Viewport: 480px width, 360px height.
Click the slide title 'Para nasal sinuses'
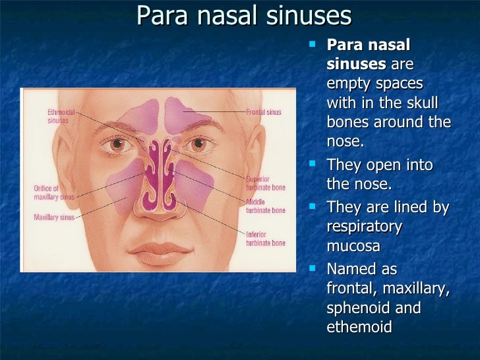click(x=244, y=16)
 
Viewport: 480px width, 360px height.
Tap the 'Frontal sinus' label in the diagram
click(x=264, y=112)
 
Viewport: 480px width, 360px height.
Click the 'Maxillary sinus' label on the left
click(x=55, y=217)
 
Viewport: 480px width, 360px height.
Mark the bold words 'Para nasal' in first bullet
click(x=368, y=45)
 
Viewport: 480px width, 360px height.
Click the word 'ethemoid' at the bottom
click(x=359, y=327)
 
